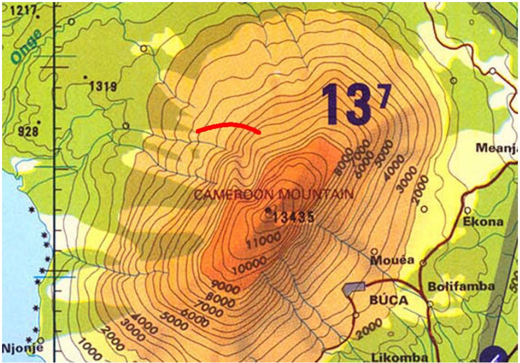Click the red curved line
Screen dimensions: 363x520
229,126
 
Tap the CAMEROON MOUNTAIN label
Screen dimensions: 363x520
273,195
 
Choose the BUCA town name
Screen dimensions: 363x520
389,301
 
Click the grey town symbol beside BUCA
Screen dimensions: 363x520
354,288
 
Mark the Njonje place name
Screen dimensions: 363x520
20,348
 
